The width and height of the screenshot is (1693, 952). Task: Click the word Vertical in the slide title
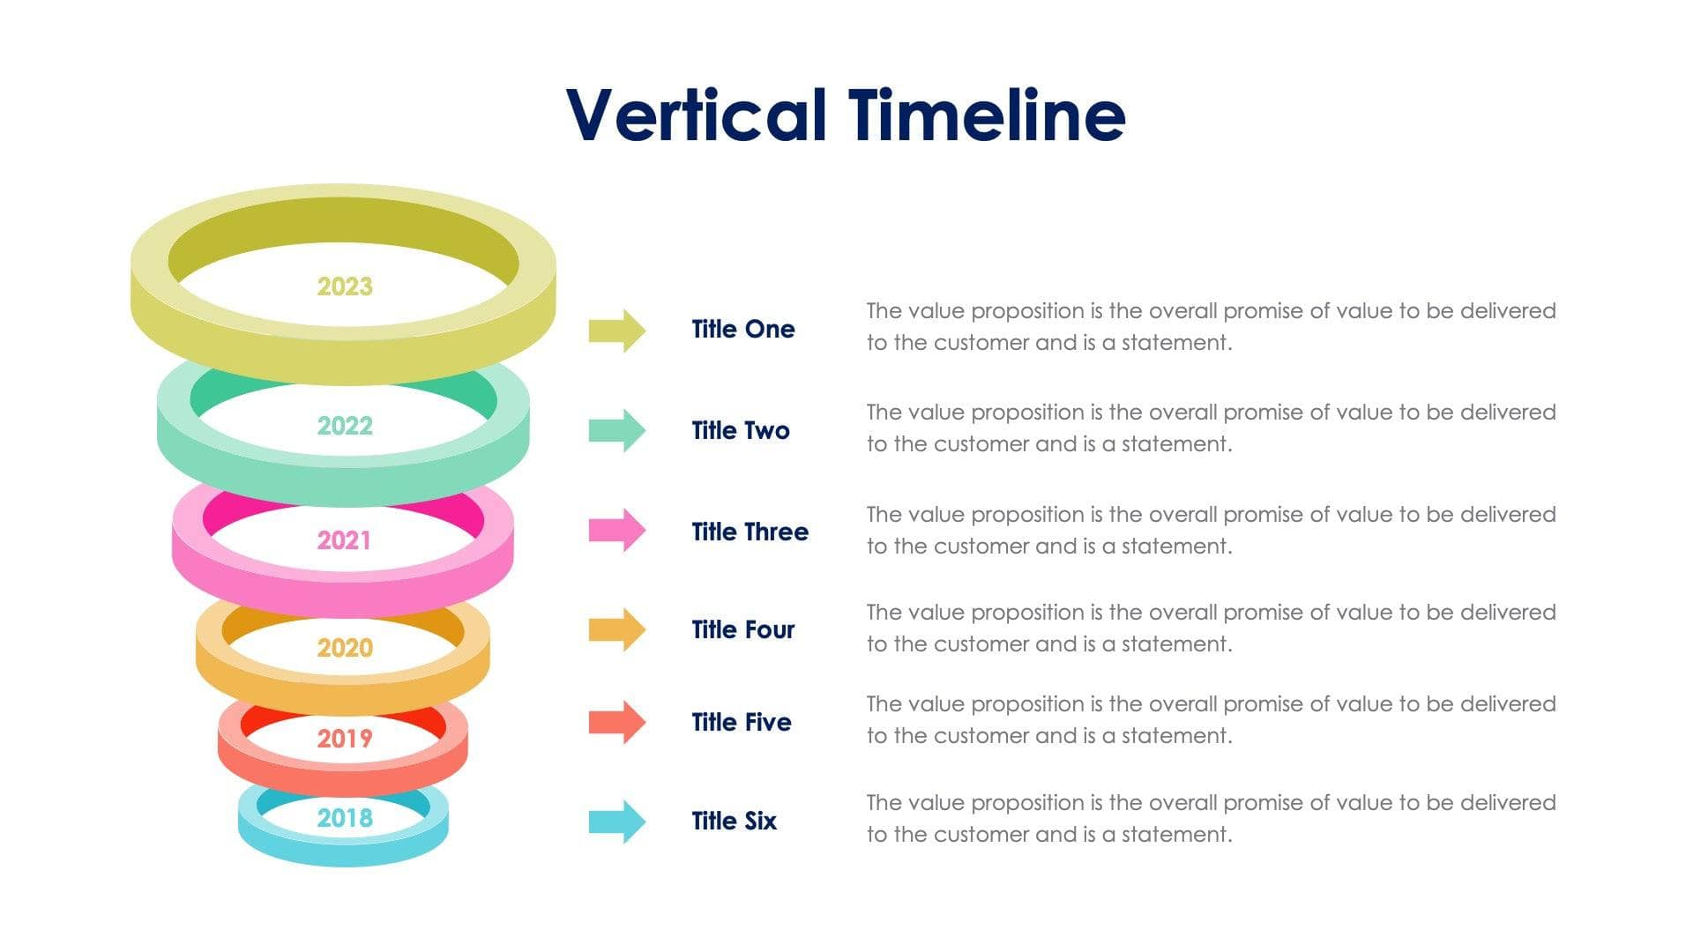697,115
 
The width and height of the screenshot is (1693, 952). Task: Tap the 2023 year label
345,286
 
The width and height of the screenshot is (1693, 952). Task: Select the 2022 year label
345,426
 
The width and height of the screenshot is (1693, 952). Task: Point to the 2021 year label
344,540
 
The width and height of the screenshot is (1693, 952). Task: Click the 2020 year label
345,648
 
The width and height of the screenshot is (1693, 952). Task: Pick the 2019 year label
345,739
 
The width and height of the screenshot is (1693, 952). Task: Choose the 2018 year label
345,818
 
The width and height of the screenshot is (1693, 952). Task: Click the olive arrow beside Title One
617,331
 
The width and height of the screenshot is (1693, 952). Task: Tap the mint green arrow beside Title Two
617,430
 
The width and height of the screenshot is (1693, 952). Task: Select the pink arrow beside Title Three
617,530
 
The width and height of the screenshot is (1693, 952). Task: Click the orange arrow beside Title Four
617,629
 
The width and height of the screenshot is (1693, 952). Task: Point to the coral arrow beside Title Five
617,722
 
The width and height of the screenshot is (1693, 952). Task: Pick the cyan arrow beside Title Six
617,822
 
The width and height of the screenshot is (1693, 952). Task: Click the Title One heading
742,329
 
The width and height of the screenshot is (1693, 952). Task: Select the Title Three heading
750,532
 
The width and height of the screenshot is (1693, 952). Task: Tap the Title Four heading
742,629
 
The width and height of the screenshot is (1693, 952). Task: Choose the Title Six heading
734,821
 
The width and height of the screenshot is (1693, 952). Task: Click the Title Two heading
740,430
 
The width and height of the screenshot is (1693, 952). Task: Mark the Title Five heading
741,722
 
